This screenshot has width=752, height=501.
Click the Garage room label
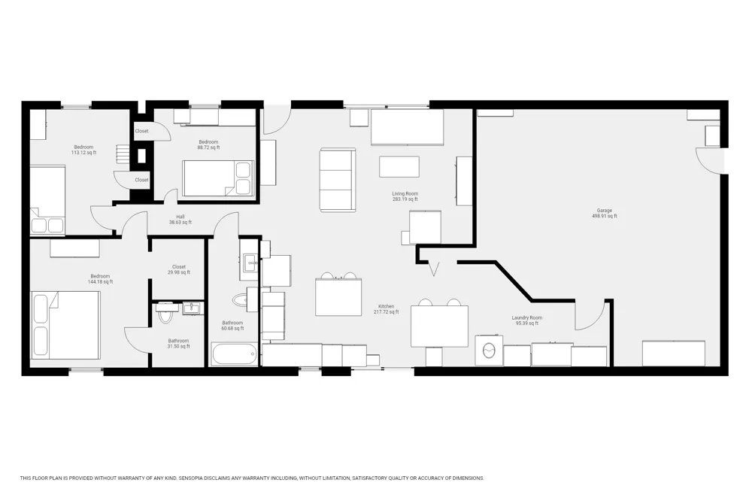[x=605, y=210]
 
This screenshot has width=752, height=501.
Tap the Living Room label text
[x=405, y=193]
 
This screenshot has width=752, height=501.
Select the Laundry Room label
[x=526, y=317]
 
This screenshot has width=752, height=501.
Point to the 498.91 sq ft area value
[x=605, y=216]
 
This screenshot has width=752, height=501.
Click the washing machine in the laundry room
[x=489, y=351]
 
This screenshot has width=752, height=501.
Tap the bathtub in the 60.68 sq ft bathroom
[x=234, y=354]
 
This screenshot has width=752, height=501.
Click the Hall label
[x=180, y=217]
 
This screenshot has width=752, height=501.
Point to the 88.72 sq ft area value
[x=208, y=147]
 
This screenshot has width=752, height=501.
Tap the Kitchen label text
[x=386, y=306]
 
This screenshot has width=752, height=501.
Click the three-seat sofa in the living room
[x=338, y=180]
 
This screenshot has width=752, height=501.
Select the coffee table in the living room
[x=399, y=166]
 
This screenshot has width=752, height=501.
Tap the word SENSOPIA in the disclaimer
[x=191, y=478]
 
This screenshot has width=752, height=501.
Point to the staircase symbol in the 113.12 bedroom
[x=123, y=154]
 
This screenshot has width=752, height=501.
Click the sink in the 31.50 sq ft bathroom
[x=193, y=308]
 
